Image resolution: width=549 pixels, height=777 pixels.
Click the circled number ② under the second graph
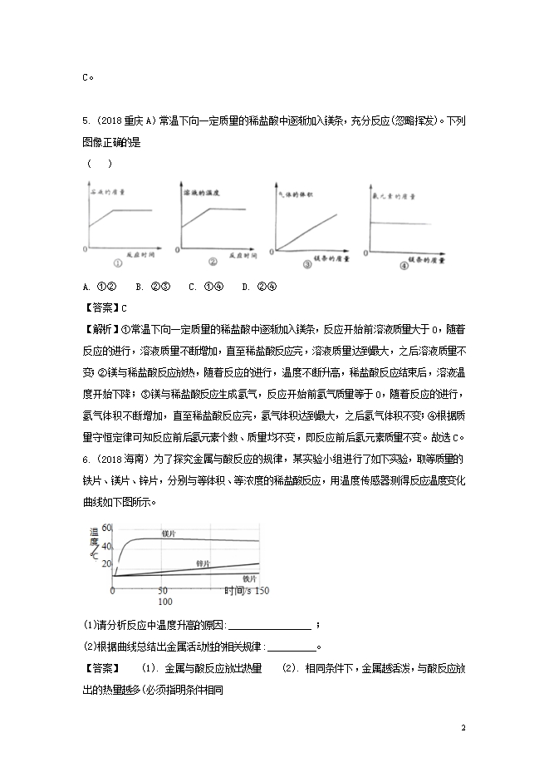coord(212,262)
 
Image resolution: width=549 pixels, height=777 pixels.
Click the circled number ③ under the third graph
coord(307,265)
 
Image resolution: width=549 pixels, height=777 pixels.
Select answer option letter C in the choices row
coord(192,287)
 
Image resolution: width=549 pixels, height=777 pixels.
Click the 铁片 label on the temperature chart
coord(248,578)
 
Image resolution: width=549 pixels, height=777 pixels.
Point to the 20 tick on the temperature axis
coord(105,563)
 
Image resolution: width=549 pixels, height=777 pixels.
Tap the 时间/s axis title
coord(230,590)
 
